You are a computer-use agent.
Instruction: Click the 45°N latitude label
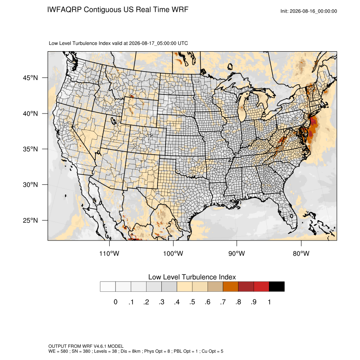click(30, 78)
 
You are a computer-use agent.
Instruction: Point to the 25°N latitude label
click(30, 220)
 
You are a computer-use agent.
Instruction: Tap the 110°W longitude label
click(109, 253)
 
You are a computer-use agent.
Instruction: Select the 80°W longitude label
click(301, 253)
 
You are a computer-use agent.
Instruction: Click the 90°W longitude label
click(236, 253)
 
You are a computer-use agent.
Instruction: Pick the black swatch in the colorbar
click(277, 287)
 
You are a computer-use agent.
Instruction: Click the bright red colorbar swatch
click(261, 287)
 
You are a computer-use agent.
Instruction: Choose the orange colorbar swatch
click(230, 287)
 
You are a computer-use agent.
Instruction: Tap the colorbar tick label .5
click(192, 302)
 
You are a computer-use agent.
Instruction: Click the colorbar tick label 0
click(116, 302)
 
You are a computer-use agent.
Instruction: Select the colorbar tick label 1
click(269, 302)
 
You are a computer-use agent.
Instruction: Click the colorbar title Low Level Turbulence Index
click(192, 277)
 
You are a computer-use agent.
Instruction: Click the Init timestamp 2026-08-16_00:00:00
click(313, 11)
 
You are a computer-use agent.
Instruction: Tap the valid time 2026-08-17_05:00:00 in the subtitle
click(152, 43)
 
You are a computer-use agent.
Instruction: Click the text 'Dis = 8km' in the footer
click(130, 351)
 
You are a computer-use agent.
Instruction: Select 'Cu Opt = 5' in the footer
click(212, 351)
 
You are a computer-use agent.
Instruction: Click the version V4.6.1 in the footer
click(100, 346)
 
